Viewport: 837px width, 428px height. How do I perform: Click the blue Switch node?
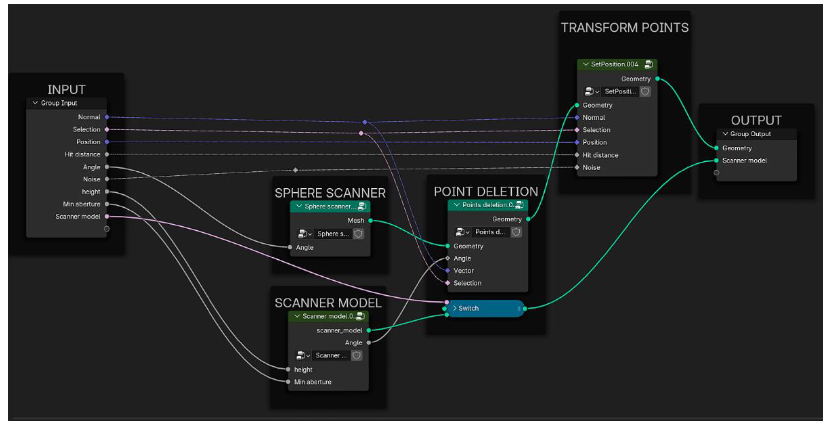pos(484,308)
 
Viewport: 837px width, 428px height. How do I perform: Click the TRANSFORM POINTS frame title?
pos(624,28)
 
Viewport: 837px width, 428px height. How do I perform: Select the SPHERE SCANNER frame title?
pos(330,193)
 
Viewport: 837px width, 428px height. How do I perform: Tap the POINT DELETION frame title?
pos(486,192)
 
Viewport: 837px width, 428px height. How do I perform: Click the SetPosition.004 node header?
pos(614,64)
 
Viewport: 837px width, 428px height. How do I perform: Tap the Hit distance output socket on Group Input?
pos(107,154)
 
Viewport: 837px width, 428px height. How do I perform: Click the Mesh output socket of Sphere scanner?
pos(370,221)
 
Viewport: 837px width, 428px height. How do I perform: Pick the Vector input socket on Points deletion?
pos(448,270)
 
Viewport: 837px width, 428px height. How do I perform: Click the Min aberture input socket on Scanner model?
pos(288,382)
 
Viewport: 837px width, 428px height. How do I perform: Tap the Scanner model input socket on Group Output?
pos(716,161)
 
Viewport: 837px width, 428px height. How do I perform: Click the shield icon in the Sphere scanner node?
pos(358,234)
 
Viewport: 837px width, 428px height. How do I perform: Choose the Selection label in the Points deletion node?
pos(467,283)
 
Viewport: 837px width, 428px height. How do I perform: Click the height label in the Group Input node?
pos(91,192)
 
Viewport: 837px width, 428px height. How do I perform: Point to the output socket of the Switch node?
pos(525,309)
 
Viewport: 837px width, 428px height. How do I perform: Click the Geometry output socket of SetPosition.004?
pos(657,79)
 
